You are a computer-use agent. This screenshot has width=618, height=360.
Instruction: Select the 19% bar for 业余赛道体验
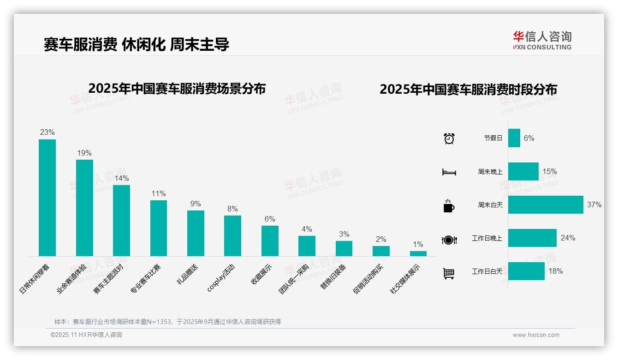(x=84, y=208)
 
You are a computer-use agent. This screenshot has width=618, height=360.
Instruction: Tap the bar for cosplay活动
(x=232, y=235)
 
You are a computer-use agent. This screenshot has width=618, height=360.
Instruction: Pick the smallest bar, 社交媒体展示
(x=418, y=253)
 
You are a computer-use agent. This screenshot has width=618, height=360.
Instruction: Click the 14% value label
(x=122, y=178)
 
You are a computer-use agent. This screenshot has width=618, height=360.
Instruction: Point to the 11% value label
(x=159, y=193)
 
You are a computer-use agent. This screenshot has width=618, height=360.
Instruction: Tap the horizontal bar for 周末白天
(x=546, y=204)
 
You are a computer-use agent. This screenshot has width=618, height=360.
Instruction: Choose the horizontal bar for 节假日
(x=514, y=138)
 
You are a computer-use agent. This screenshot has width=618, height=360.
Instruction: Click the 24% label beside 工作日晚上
(x=568, y=238)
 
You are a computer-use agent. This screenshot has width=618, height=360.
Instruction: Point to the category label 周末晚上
(x=490, y=172)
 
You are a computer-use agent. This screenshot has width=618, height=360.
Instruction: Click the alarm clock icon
(x=449, y=138)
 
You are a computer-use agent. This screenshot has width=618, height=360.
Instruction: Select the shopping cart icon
(x=449, y=273)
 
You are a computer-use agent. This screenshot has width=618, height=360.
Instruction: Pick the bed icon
(x=449, y=172)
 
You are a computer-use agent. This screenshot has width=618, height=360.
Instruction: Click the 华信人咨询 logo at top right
(x=542, y=40)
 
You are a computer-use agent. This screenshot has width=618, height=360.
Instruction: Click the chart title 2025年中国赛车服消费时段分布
(x=468, y=89)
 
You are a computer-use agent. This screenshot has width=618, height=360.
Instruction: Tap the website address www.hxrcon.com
(x=536, y=335)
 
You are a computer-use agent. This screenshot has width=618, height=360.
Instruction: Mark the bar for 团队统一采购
(x=307, y=246)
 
